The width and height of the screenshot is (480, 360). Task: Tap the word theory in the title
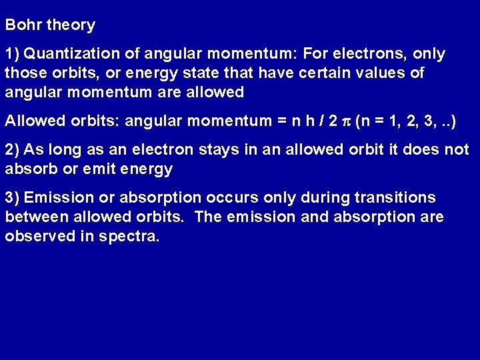[71, 26]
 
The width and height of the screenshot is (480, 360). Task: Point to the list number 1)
[13, 54]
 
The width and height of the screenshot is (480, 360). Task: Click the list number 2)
[13, 150]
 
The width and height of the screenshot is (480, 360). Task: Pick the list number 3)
[13, 198]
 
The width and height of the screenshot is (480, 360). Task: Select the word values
[388, 73]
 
